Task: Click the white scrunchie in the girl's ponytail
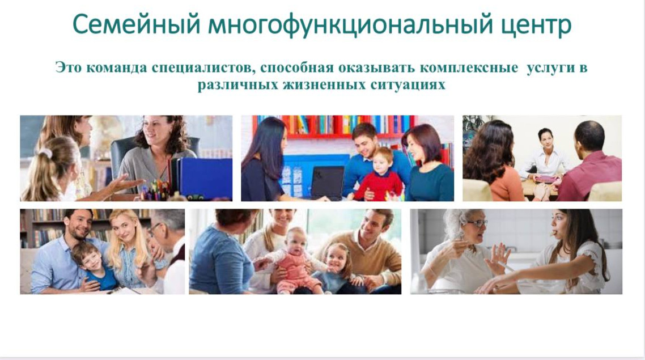tap(45, 153)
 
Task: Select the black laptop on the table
tap(328, 182)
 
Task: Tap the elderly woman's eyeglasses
tap(477, 223)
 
